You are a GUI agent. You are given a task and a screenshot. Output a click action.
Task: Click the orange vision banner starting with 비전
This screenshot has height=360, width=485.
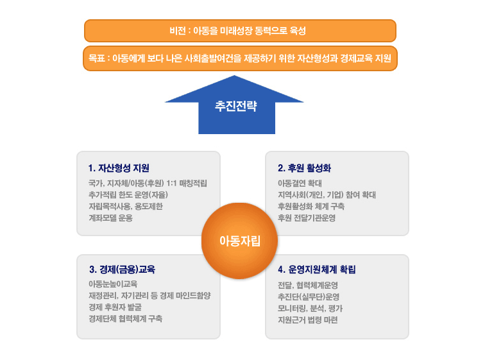click(240, 31)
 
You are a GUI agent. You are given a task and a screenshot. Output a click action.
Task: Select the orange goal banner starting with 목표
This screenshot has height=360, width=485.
click(240, 58)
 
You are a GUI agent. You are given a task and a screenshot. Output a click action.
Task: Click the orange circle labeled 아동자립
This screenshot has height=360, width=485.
click(240, 241)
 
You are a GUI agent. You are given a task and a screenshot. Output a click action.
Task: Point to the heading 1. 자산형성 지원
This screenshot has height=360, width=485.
click(119, 168)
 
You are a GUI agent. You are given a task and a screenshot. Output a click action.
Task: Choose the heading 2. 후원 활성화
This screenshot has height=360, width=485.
click(304, 168)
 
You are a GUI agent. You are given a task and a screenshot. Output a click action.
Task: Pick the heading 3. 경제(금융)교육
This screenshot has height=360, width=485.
click(122, 270)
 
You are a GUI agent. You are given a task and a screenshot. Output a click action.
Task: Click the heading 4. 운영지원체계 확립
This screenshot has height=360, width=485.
click(317, 270)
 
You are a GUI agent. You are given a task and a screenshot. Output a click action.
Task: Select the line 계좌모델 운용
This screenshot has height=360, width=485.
click(111, 218)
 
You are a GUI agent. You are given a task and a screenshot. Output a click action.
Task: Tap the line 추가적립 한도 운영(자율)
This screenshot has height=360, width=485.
click(128, 195)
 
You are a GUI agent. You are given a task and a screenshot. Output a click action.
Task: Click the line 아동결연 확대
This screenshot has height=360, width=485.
click(300, 184)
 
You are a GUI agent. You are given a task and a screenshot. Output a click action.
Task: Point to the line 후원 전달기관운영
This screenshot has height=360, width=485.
click(307, 218)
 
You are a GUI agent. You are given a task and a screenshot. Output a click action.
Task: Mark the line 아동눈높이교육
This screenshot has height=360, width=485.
click(113, 284)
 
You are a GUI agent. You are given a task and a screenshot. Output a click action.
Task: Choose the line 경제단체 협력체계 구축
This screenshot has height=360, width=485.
click(126, 318)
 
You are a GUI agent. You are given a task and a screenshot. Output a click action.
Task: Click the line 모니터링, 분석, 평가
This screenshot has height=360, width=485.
click(311, 309)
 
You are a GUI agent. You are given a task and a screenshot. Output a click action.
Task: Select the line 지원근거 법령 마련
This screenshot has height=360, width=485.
click(308, 320)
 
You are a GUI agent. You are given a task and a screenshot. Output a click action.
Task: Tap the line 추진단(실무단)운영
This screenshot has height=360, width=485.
click(309, 297)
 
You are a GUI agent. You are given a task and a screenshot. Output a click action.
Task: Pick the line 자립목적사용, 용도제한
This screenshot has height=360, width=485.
click(126, 206)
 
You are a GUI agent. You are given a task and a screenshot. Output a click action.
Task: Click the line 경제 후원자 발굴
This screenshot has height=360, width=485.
click(115, 307)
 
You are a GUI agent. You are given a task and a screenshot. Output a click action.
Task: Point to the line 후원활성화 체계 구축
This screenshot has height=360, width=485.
click(311, 206)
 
